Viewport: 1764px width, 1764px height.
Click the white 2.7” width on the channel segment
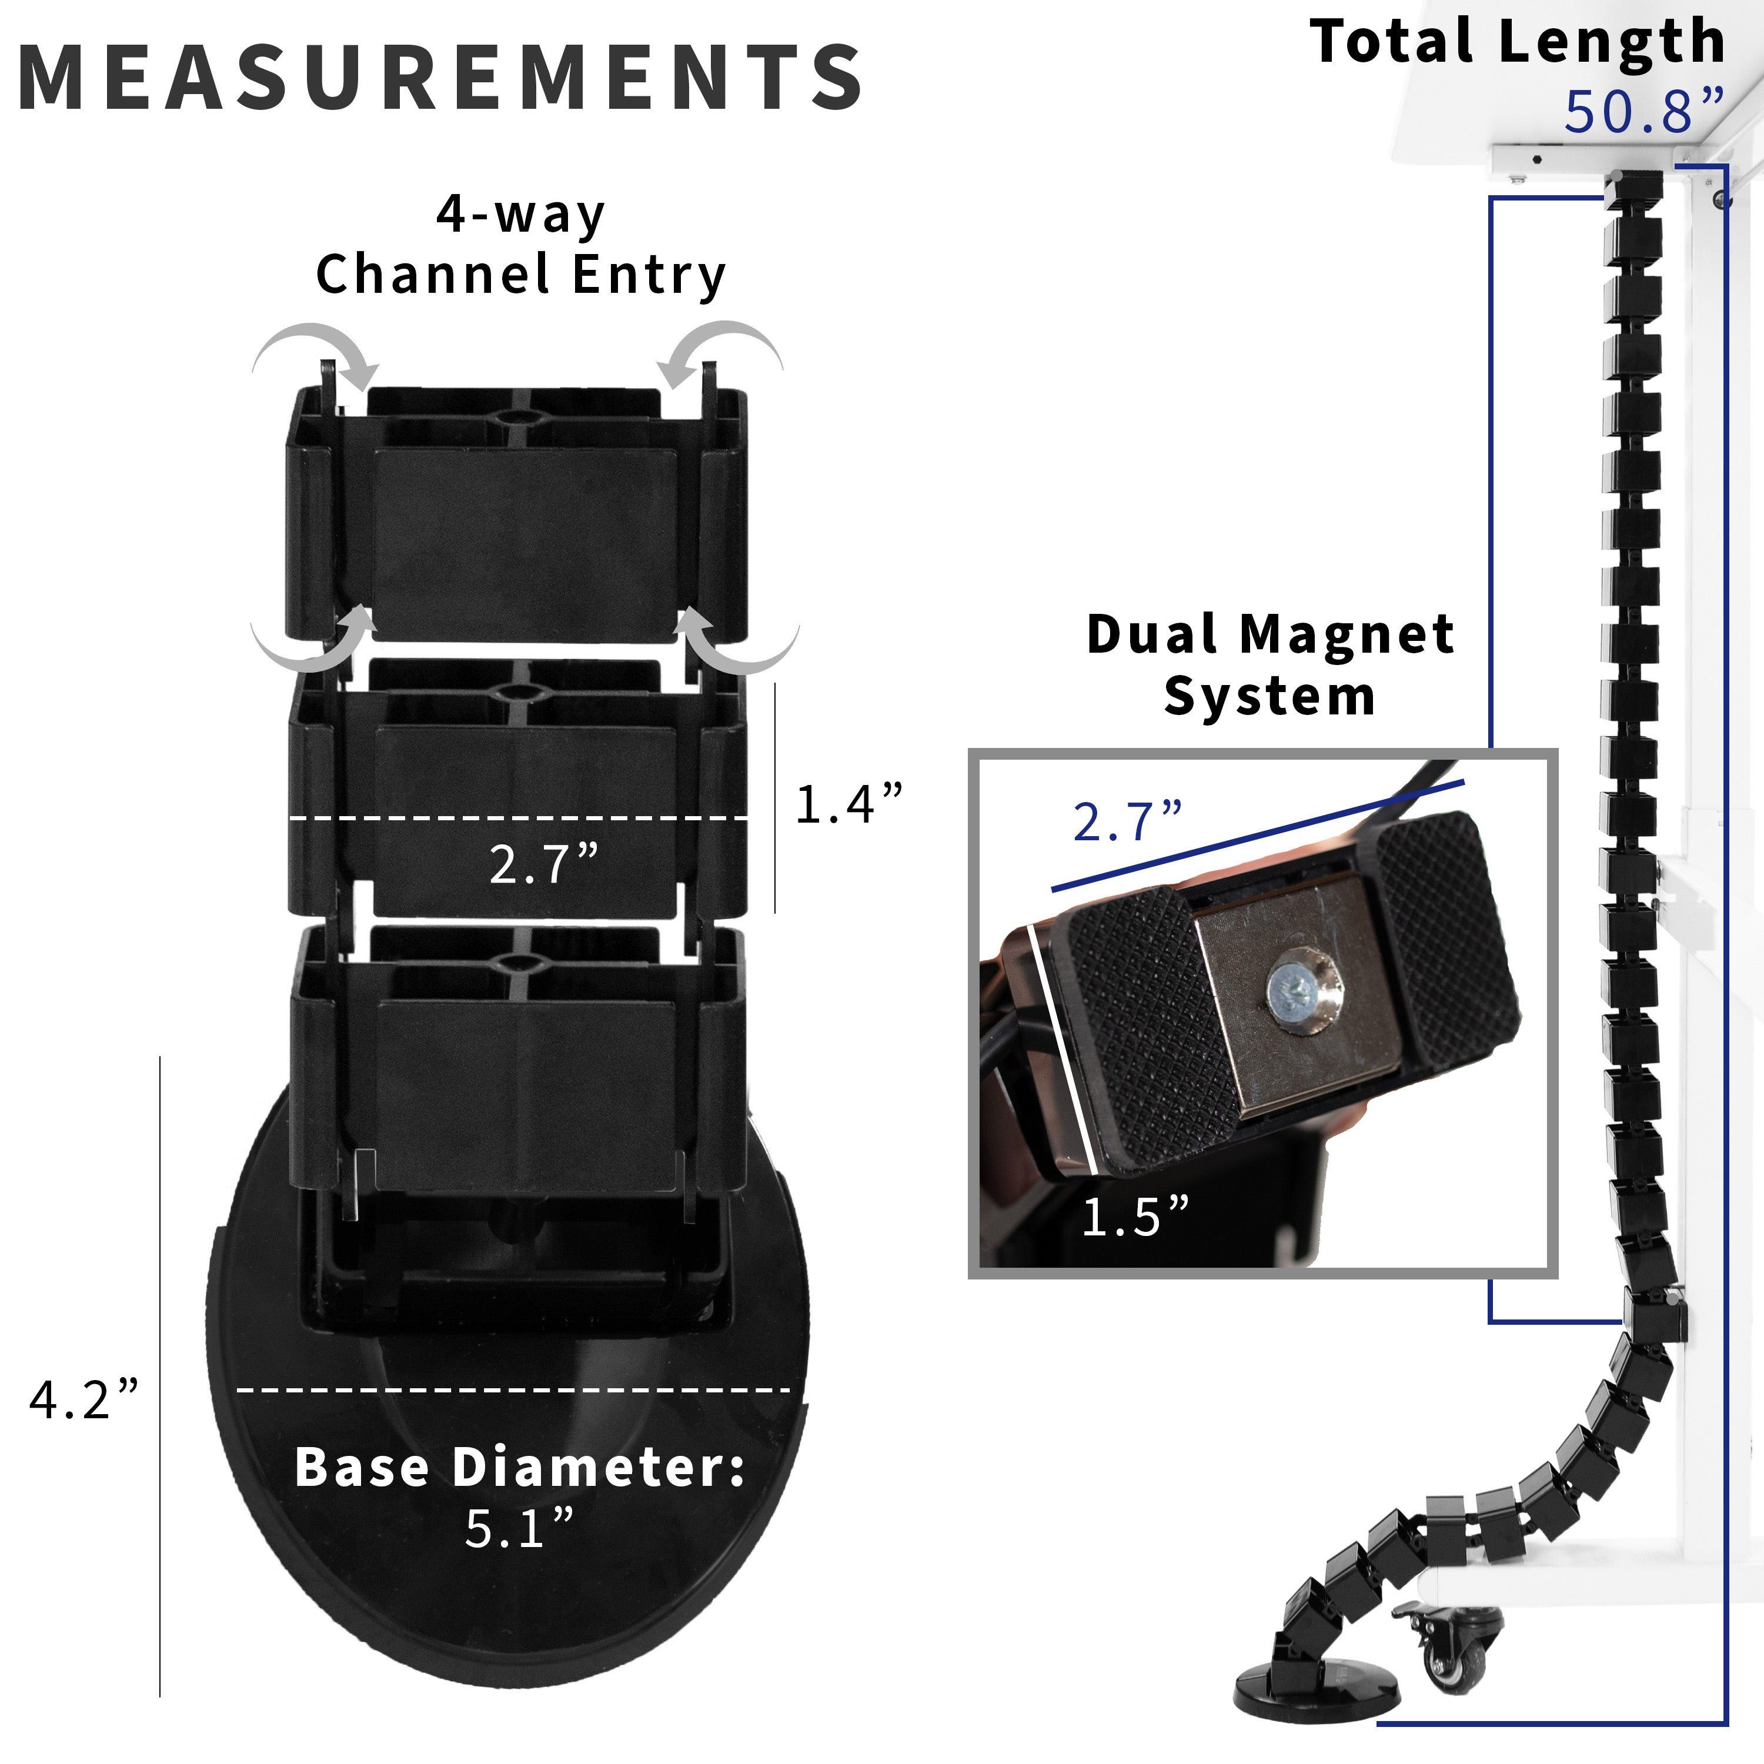point(543,864)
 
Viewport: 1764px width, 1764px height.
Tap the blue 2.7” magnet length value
point(1127,822)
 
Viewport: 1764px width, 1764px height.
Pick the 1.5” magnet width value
point(1135,1217)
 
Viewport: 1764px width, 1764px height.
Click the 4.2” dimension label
point(83,1399)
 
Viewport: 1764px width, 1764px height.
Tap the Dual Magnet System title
point(1269,664)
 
